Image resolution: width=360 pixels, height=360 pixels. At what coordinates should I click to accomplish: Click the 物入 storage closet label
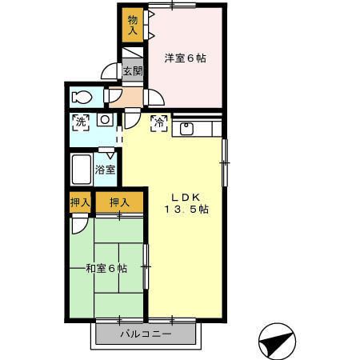133,24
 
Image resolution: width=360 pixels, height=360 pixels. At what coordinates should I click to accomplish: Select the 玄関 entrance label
132,71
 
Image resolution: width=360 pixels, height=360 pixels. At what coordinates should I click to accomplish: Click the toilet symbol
82,98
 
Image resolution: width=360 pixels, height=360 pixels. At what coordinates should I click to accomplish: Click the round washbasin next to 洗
104,121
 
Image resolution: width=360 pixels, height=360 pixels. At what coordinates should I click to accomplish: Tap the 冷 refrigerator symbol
158,123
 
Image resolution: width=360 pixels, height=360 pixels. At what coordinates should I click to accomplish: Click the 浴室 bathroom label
105,170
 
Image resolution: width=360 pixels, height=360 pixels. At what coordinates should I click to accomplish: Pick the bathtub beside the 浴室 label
81,170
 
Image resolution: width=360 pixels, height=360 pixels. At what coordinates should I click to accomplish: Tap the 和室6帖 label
106,268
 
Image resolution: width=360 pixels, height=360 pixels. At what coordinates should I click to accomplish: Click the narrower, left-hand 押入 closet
79,202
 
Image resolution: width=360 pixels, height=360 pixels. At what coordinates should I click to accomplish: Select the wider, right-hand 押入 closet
119,202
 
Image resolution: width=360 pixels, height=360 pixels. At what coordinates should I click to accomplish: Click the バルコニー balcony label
146,333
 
